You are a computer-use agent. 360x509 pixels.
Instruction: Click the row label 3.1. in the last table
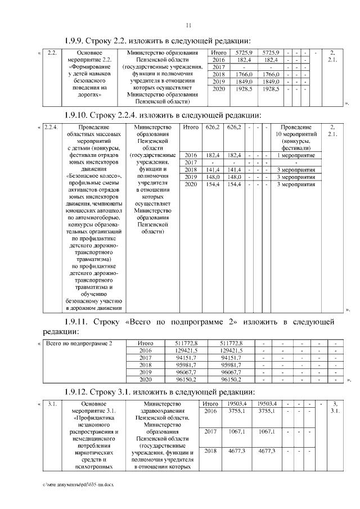click(51, 404)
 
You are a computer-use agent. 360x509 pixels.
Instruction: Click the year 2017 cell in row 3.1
click(210, 431)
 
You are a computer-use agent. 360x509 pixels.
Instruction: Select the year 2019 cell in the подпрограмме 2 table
click(146, 372)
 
